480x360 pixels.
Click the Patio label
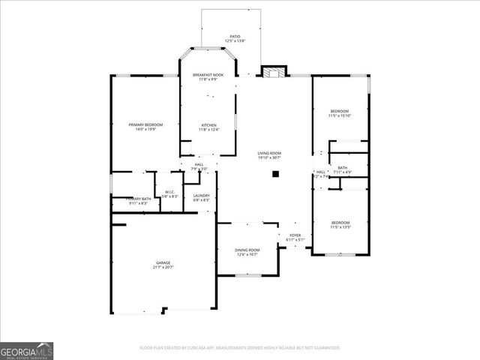click(235, 36)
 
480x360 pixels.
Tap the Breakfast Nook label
click(208, 75)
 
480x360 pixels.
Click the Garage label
click(163, 262)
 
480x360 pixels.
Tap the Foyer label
click(295, 235)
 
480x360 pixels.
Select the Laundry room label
click(201, 196)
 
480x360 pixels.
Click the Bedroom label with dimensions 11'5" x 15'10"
click(340, 111)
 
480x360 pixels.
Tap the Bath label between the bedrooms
click(342, 168)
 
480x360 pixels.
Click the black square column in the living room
click(275, 173)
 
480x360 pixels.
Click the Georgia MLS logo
click(26, 351)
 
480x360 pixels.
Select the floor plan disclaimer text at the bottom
click(240, 348)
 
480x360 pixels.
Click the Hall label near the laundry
click(199, 164)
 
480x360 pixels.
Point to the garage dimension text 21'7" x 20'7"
click(163, 267)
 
